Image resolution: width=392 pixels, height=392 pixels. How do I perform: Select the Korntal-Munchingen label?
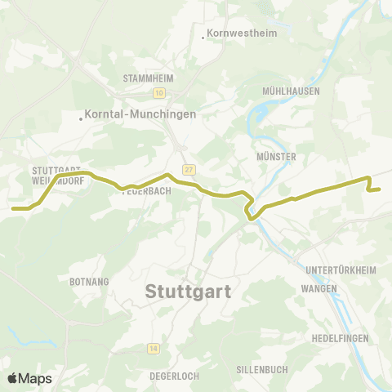[x=140, y=115]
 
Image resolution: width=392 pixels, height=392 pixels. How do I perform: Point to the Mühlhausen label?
[x=291, y=91]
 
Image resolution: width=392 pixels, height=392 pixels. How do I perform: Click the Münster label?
[x=275, y=156]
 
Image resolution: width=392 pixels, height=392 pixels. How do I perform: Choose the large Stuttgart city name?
[x=188, y=292]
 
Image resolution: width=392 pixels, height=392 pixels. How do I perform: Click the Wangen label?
[x=318, y=289]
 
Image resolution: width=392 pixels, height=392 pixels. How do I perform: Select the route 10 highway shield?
[x=158, y=92]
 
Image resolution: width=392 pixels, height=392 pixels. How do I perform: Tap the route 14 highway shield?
[x=153, y=349]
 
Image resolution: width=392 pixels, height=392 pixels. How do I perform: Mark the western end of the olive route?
[x=14, y=208]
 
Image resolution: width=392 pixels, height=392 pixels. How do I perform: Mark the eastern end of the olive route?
[x=380, y=189]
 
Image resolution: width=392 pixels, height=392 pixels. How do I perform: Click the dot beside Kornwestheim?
[x=203, y=37]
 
